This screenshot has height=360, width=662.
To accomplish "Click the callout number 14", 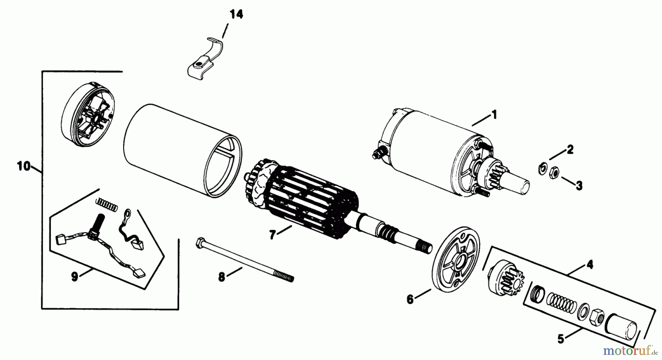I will (236, 15).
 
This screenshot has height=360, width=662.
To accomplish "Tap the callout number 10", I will (24, 166).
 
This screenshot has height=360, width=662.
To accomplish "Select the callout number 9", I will (75, 277).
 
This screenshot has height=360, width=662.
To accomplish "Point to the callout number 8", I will (221, 277).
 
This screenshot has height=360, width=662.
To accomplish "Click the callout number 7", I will (272, 235).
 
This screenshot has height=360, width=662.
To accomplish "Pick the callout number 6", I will (410, 299).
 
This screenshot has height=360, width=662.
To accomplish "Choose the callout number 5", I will (560, 339).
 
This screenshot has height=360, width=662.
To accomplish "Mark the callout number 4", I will (590, 264).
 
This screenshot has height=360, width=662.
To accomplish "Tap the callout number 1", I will (494, 115).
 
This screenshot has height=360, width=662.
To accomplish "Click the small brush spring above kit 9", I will (107, 204).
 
